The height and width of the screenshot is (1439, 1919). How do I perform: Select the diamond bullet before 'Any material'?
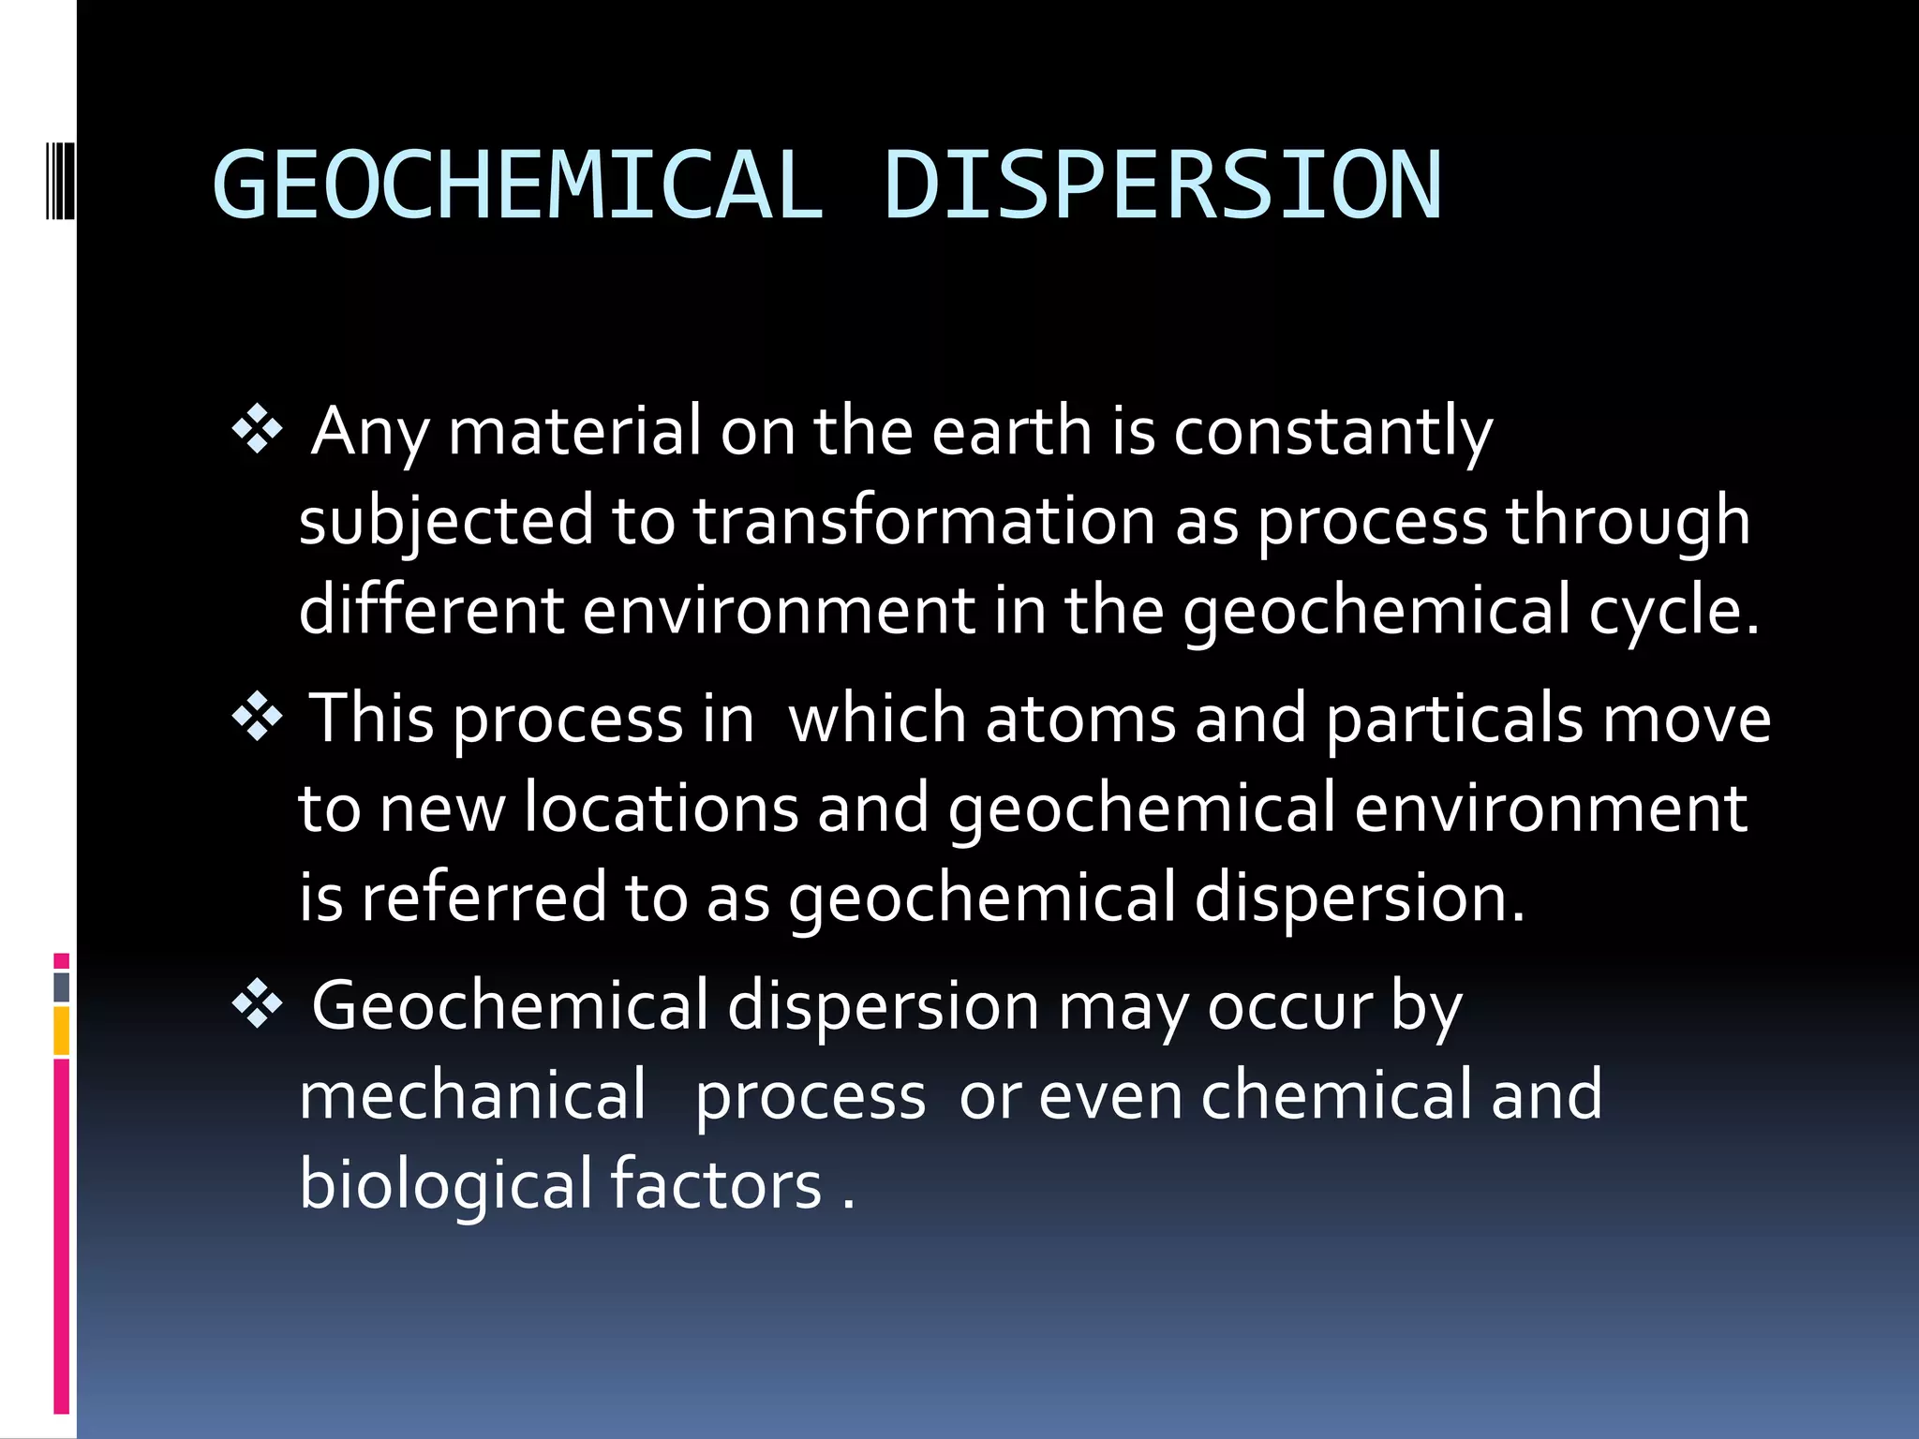pos(257,432)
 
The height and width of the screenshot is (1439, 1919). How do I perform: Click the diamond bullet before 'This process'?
pos(257,719)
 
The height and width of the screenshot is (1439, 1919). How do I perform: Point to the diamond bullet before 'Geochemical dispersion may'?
pos(257,1006)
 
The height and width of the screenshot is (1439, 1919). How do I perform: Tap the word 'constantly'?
pos(1332,433)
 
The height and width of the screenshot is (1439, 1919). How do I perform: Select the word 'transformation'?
pos(924,521)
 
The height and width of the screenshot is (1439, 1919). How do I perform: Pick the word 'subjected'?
pos(446,523)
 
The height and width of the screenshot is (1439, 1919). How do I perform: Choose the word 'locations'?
pos(661,808)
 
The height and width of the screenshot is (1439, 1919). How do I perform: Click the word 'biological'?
pos(445,1184)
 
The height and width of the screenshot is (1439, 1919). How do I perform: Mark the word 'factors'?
pos(716,1184)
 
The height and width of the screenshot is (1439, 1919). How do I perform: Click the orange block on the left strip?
pos(62,1031)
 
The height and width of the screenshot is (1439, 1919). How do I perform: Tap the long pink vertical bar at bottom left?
pos(62,1237)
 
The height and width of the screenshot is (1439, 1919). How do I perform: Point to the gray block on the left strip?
pos(62,987)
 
